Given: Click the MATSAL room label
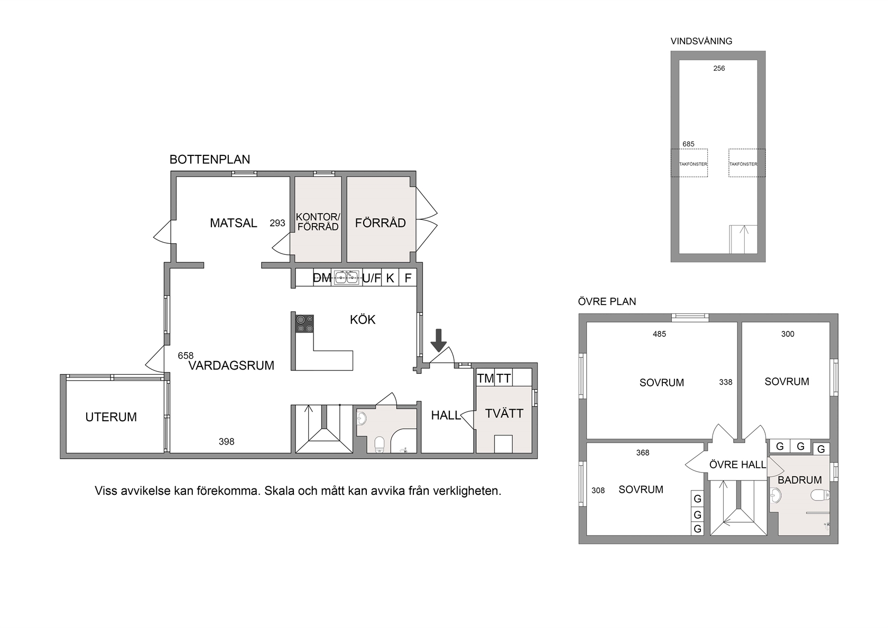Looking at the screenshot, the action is pyautogui.click(x=234, y=223).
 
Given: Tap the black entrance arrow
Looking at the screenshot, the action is pyautogui.click(x=439, y=340).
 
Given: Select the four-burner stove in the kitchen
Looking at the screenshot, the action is pyautogui.click(x=304, y=324).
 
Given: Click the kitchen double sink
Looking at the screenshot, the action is pyautogui.click(x=347, y=278).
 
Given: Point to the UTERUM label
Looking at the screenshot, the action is pyautogui.click(x=111, y=417).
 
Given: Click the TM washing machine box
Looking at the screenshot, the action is pyautogui.click(x=485, y=378).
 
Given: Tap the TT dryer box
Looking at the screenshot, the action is pyautogui.click(x=503, y=378).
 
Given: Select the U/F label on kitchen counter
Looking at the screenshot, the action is pyautogui.click(x=372, y=278).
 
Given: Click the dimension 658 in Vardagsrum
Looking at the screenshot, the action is pyautogui.click(x=186, y=356).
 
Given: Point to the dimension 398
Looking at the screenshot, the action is pyautogui.click(x=226, y=442).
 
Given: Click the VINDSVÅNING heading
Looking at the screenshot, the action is pyautogui.click(x=701, y=41).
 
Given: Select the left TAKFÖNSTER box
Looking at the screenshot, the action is pyautogui.click(x=689, y=163).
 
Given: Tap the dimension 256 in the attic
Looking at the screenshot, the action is pyautogui.click(x=719, y=69).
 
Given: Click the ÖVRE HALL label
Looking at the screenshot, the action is pyautogui.click(x=737, y=465).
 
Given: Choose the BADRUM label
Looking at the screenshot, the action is pyautogui.click(x=800, y=480).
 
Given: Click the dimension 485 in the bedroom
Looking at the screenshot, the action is pyautogui.click(x=659, y=334).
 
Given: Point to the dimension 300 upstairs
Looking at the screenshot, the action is pyautogui.click(x=788, y=334).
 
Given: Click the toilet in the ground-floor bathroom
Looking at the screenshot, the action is pyautogui.click(x=380, y=444).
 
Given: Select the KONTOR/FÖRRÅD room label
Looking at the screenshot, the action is pyautogui.click(x=318, y=222).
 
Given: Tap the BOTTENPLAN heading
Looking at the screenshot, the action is pyautogui.click(x=210, y=160).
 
